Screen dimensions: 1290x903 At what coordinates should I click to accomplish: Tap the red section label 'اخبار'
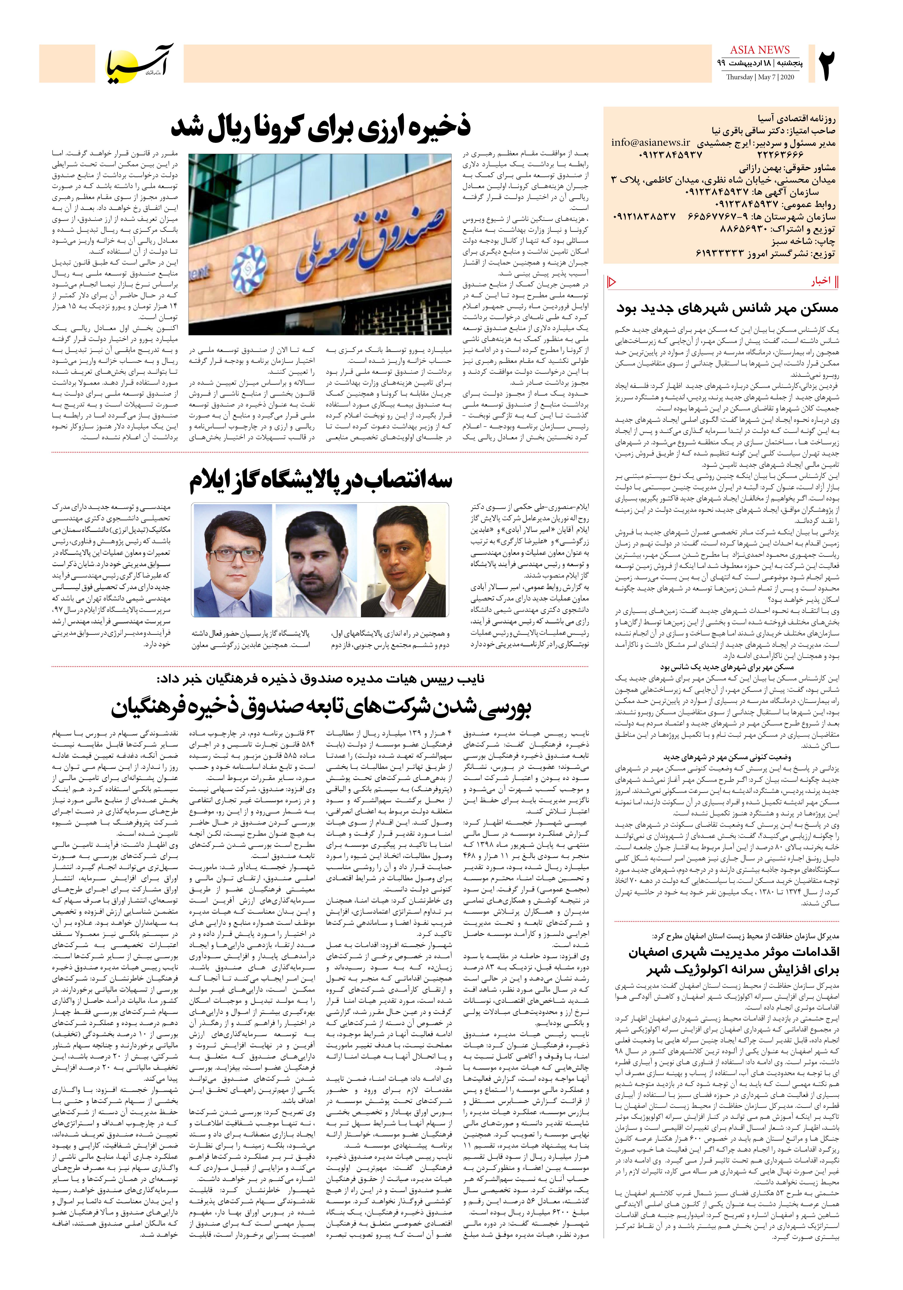click(820, 282)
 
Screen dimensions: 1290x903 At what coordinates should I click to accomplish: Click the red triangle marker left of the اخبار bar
click(612, 282)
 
